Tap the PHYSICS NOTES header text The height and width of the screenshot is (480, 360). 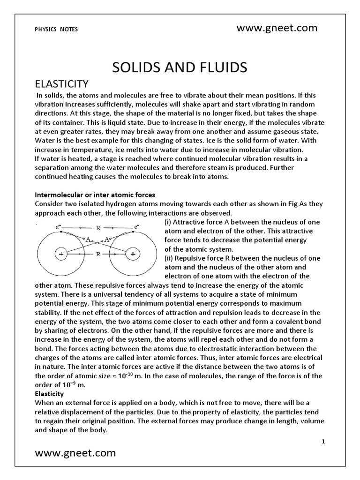pyautogui.click(x=57, y=29)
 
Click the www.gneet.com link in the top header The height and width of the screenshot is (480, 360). pyautogui.click(x=277, y=28)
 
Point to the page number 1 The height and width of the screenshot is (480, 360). pyautogui.click(x=323, y=442)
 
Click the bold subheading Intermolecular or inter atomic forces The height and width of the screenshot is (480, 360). pyautogui.click(x=95, y=195)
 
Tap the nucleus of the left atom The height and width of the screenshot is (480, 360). pyautogui.click(x=61, y=254)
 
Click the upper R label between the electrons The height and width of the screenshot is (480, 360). pyautogui.click(x=98, y=228)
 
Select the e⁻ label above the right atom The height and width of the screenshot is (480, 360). pyautogui.click(x=136, y=226)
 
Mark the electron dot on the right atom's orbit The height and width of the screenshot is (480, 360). pyautogui.click(x=133, y=232)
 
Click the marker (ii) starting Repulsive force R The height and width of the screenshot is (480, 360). pyautogui.click(x=170, y=258)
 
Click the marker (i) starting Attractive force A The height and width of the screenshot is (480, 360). pyautogui.click(x=169, y=222)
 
